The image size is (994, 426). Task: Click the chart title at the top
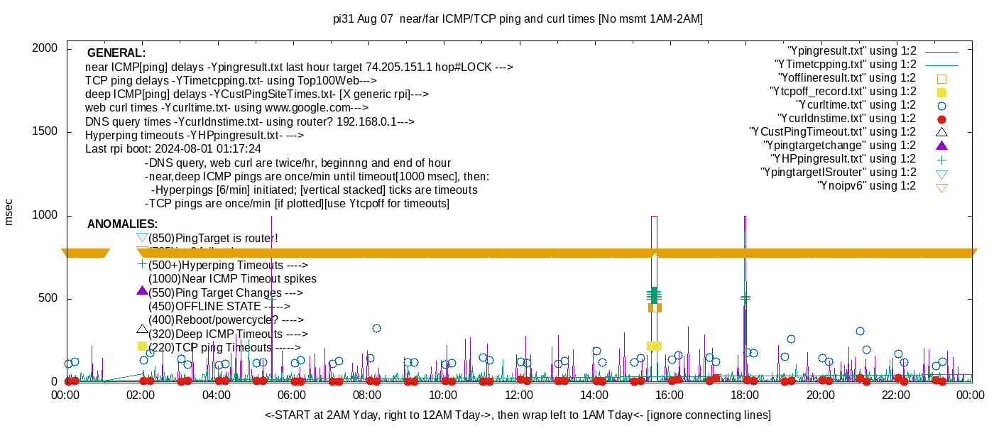518,19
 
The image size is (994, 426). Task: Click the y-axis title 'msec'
9,212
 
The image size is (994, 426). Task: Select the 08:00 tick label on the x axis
367,395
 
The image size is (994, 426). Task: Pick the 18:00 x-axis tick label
745,395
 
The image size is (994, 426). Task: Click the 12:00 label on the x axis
518,395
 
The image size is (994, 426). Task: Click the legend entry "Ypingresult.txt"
852,51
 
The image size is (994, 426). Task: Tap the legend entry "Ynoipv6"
866,186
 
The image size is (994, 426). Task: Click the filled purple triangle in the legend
942,146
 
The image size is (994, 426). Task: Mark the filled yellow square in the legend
942,92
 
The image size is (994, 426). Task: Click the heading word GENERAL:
116,53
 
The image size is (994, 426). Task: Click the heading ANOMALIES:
122,224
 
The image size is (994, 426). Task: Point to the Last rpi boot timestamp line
173,149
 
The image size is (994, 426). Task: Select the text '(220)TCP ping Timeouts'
224,348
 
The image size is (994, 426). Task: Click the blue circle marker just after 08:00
376,328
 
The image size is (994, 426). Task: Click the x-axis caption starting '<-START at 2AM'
518,415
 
